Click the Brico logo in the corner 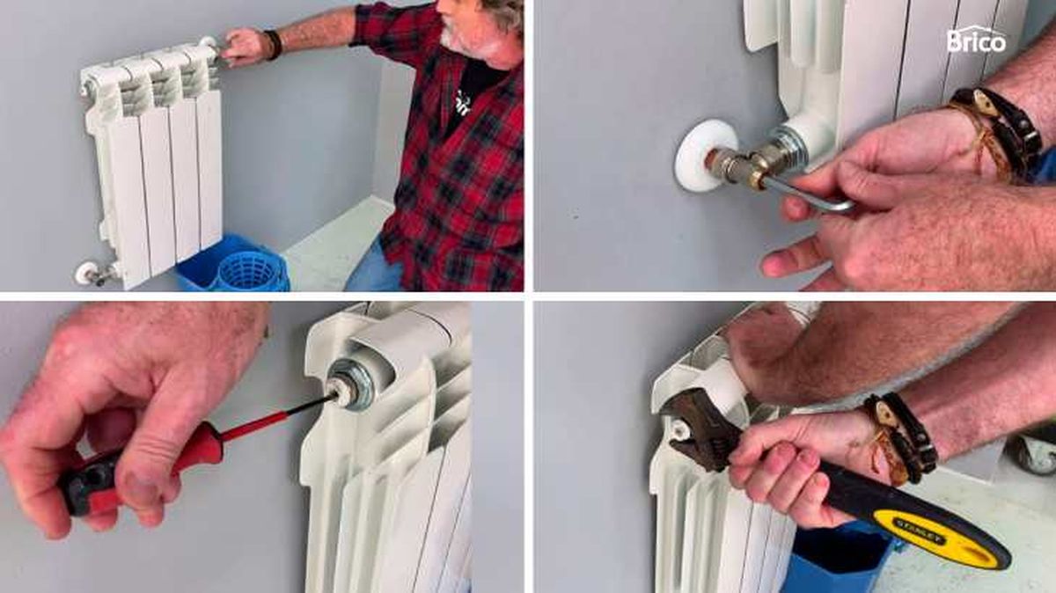(x=976, y=40)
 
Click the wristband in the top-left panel (x=272, y=45)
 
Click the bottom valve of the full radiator (x=92, y=274)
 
